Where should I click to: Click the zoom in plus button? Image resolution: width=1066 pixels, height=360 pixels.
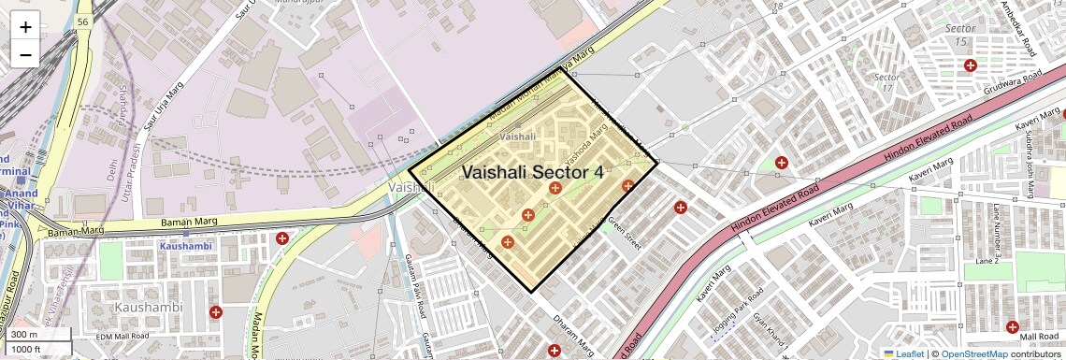pyautogui.click(x=25, y=27)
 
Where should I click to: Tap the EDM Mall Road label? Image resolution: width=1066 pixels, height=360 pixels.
pyautogui.click(x=122, y=336)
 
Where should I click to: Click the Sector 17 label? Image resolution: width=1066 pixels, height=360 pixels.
pyautogui.click(x=886, y=82)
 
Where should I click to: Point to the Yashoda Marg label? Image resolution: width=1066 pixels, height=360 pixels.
pyautogui.click(x=584, y=145)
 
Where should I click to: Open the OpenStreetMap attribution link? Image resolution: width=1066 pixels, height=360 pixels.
pyautogui.click(x=973, y=353)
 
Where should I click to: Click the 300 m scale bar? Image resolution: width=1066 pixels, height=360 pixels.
pyautogui.click(x=36, y=334)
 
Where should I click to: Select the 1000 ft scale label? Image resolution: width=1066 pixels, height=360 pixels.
pyautogui.click(x=36, y=349)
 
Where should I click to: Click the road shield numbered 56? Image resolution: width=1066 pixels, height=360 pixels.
pyautogui.click(x=84, y=21)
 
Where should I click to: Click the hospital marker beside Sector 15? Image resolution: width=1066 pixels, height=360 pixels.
pyautogui.click(x=971, y=65)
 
